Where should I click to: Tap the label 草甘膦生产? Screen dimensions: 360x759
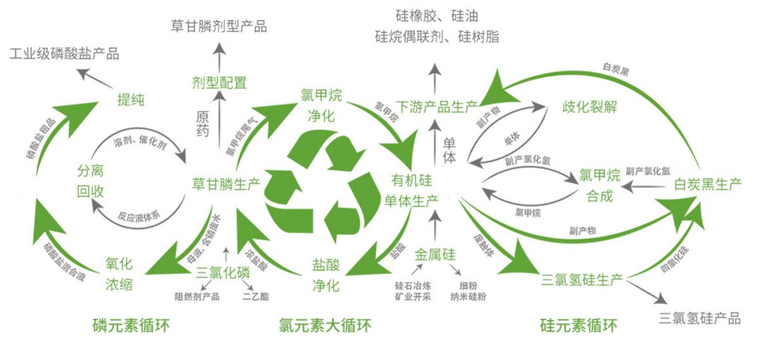point(226,183)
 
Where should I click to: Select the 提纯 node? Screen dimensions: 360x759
point(131,99)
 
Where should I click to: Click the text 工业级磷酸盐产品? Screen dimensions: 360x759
point(65,53)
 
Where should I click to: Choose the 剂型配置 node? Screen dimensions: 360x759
point(219,82)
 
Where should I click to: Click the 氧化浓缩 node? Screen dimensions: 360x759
point(119,273)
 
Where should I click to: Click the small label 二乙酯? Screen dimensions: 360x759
point(256,295)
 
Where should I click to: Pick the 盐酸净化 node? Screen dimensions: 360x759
point(326,273)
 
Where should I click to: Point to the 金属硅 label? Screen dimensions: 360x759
point(435,256)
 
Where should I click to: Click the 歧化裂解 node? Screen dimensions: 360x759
point(589,106)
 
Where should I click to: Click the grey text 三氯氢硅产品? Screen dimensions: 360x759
point(699,318)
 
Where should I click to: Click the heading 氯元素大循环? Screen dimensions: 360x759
point(324,326)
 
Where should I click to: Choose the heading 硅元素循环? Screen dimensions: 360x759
point(578,326)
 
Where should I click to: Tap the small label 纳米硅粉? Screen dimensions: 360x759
point(468,295)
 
